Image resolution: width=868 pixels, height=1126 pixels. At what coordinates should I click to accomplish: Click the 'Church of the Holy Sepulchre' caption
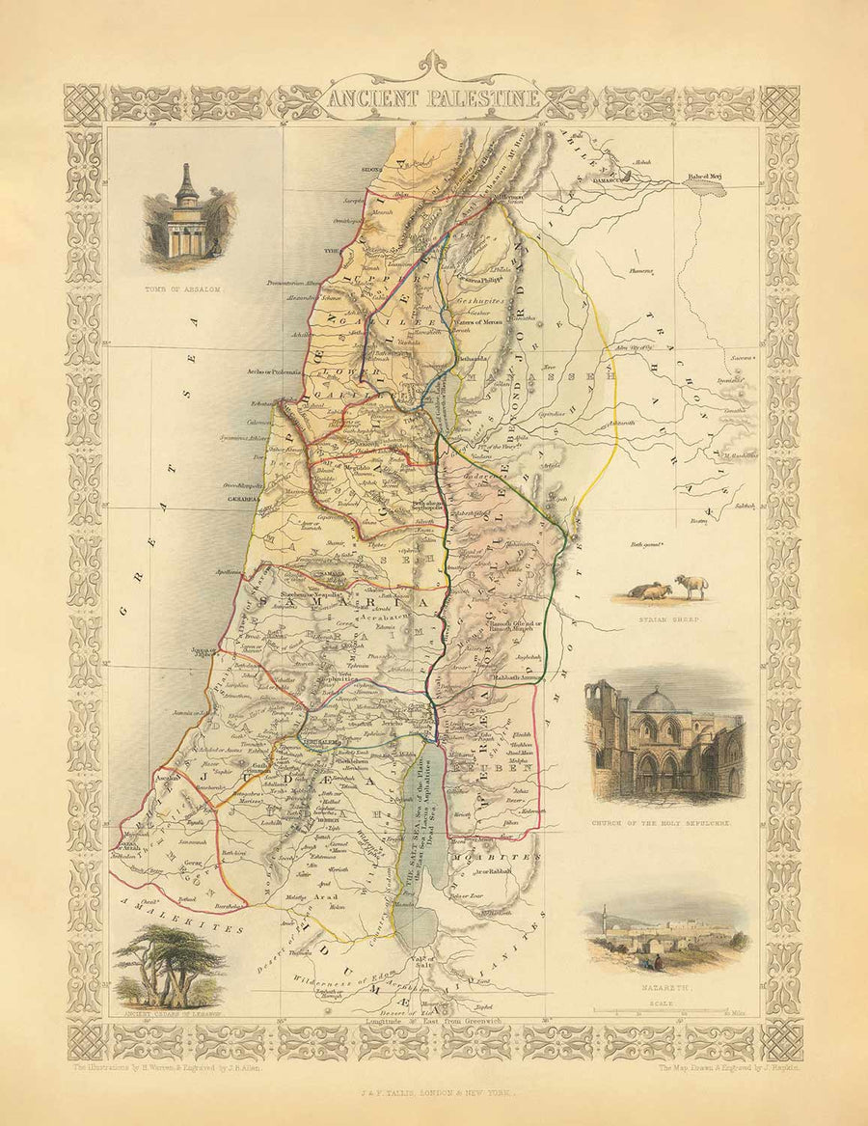coord(665,826)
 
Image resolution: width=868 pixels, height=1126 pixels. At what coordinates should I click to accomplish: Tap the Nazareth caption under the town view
coord(665,990)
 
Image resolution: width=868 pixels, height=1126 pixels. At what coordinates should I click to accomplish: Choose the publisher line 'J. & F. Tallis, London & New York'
coord(433,1095)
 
